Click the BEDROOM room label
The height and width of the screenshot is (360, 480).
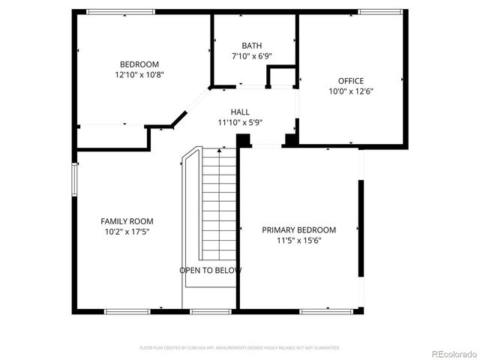(x=139, y=64)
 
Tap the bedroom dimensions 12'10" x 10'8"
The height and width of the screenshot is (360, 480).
(x=139, y=75)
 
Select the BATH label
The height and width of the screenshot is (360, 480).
(x=251, y=46)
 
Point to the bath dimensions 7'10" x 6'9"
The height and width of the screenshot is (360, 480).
(x=251, y=57)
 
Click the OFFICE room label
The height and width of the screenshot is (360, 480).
(x=350, y=81)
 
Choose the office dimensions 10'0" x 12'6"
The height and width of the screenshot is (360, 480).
(x=350, y=91)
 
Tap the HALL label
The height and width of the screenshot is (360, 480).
(x=240, y=112)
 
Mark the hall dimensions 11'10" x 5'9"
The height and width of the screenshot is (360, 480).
(x=240, y=122)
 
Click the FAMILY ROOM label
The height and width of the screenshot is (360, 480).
(x=127, y=221)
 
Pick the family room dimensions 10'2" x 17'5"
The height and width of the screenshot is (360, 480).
(x=127, y=232)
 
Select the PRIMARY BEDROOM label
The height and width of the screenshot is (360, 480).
(x=298, y=229)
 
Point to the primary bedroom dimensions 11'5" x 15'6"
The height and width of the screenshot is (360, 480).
(x=298, y=241)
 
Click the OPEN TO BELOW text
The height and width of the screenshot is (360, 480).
(x=210, y=270)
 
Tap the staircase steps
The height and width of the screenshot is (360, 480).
(x=219, y=202)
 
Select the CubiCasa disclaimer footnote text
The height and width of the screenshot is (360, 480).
(x=240, y=348)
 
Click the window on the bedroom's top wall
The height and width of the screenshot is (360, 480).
(x=121, y=11)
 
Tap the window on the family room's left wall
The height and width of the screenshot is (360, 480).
(x=74, y=181)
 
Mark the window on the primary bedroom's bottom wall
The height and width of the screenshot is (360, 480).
(x=327, y=310)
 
